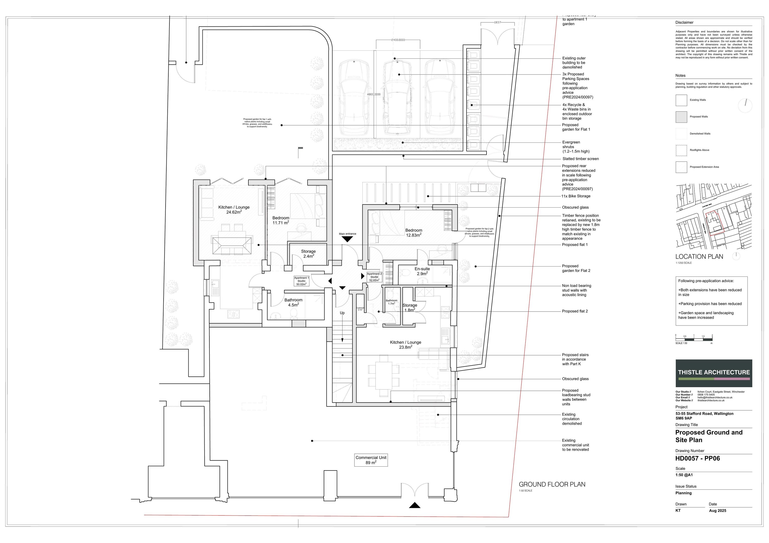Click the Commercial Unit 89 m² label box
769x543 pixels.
coord(371,460)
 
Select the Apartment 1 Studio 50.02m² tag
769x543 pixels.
coord(301,281)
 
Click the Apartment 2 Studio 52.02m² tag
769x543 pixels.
coord(374,277)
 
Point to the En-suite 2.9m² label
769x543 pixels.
coord(422,271)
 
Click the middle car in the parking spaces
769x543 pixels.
coord(398,97)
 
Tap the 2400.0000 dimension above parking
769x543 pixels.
coord(398,40)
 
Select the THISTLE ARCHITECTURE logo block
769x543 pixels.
coord(714,373)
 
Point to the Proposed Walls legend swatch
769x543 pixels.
coord(681,117)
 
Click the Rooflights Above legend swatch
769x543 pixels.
coord(681,150)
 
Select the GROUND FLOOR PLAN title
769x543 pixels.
coord(552,484)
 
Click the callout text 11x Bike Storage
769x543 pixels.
coord(576,196)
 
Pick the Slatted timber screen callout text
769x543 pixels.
coord(580,159)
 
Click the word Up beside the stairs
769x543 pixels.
coord(342,313)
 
